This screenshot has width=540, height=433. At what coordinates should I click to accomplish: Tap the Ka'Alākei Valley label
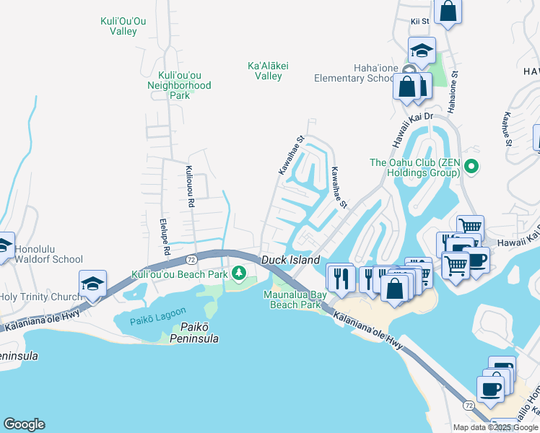pos(268,71)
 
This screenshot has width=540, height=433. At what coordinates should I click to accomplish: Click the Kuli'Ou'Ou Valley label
pos(123,26)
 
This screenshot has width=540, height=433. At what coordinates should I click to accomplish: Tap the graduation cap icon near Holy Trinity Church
pos(93,284)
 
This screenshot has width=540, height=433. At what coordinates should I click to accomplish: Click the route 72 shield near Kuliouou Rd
pos(191,258)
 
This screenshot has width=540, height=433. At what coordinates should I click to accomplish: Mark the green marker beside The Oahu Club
pos(471,167)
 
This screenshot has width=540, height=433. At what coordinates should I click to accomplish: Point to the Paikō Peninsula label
pos(184,333)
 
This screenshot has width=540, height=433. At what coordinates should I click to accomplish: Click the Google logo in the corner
pos(24,424)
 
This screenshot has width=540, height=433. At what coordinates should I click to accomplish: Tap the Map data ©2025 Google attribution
pos(495,427)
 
